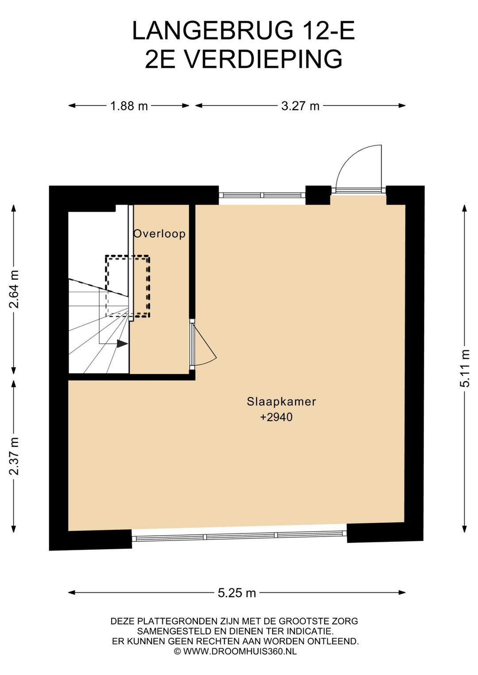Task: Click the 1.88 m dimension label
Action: tap(129, 106)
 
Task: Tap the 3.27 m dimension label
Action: tap(300, 106)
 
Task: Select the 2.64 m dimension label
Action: tap(14, 289)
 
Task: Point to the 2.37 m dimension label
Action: tap(14, 456)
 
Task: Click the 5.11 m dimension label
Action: tap(465, 368)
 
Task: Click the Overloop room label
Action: tap(159, 234)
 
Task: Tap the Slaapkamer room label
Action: tap(281, 401)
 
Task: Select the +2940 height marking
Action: tap(276, 417)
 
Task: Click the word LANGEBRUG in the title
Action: tap(212, 31)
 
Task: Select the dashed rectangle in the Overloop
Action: tap(128, 286)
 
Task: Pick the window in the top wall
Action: tap(262, 195)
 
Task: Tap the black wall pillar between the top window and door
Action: tap(318, 195)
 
